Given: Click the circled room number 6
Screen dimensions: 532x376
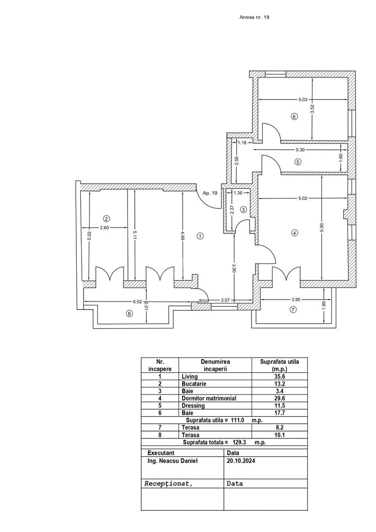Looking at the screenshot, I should click(294, 117).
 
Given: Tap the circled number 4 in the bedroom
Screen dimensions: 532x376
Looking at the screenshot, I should click(294, 233).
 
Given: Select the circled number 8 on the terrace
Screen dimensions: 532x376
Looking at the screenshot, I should click(129, 313).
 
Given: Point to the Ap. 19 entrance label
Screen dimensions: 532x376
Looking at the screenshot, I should click(210, 193).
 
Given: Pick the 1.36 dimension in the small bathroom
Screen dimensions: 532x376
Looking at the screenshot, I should click(238, 193).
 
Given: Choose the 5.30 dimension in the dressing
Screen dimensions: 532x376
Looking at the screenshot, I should click(302, 150).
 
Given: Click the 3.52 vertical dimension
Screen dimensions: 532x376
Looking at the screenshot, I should click(312, 109).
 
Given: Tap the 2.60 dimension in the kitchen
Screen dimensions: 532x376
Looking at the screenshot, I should click(104, 228).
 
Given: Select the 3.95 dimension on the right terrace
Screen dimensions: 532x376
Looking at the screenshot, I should click(296, 299).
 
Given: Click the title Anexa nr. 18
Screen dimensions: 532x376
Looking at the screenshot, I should click(254, 17).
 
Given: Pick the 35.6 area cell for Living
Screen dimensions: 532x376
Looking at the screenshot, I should click(279, 376).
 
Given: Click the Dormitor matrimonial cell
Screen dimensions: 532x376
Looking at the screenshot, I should click(209, 399).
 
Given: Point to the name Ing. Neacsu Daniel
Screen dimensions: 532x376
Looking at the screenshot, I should click(170, 462).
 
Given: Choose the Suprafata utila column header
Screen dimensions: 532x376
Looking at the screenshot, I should click(279, 365).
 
